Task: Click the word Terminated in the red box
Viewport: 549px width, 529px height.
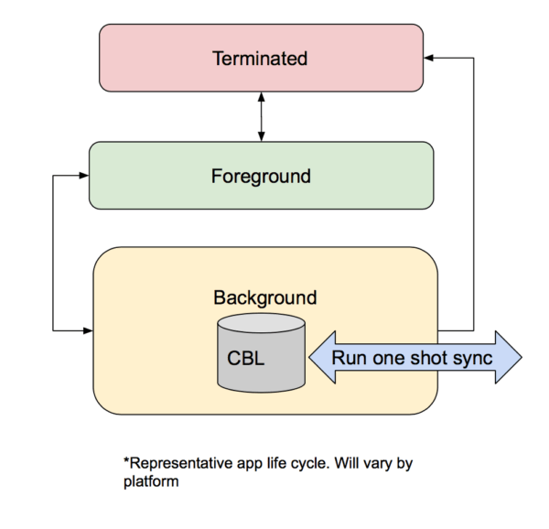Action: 260,59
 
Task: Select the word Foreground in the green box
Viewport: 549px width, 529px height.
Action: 260,175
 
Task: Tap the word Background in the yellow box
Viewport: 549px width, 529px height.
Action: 264,297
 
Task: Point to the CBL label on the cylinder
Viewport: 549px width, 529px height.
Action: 245,358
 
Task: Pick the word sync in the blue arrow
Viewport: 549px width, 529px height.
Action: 472,357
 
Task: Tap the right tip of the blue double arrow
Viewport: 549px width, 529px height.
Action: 520,356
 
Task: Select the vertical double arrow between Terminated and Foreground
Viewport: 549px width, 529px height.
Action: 262,116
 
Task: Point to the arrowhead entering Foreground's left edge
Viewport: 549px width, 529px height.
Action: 83,175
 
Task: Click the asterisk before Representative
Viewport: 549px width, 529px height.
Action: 125,461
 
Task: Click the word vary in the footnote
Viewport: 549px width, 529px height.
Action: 379,464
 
